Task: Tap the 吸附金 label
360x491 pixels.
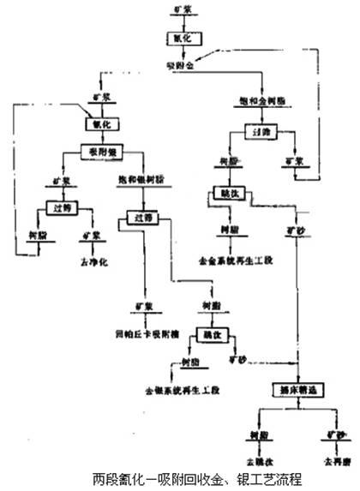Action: click(180, 65)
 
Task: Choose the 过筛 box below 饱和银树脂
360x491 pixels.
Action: click(141, 217)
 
